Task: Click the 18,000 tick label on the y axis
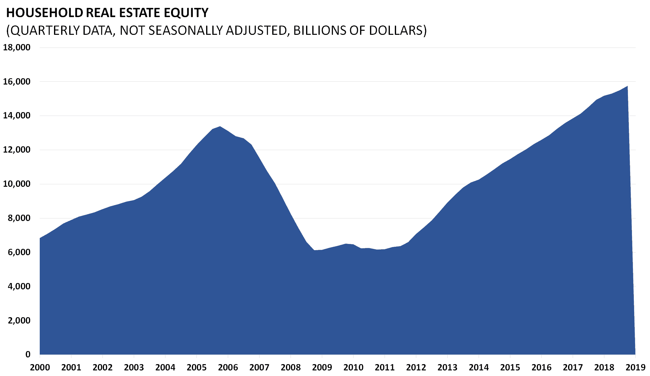pyautogui.click(x=17, y=48)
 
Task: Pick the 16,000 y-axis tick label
pyautogui.click(x=17, y=82)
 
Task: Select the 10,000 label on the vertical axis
pyautogui.click(x=17, y=184)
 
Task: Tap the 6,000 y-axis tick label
pyautogui.click(x=19, y=252)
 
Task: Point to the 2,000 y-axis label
pyautogui.click(x=19, y=320)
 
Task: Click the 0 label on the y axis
pyautogui.click(x=28, y=354)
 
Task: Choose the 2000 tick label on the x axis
pyautogui.click(x=40, y=368)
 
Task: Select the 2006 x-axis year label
pyautogui.click(x=228, y=368)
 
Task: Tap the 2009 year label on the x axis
pyautogui.click(x=322, y=368)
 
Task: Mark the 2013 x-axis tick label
pyautogui.click(x=447, y=368)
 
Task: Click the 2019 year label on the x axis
pyautogui.click(x=635, y=368)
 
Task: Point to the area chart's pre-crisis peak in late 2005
pyautogui.click(x=220, y=126)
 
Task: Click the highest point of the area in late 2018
pyautogui.click(x=627, y=86)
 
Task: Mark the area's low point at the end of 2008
pyautogui.click(x=314, y=250)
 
